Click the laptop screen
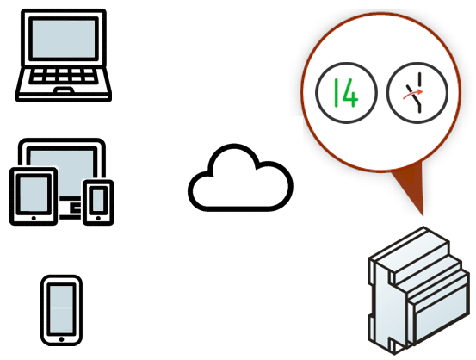point(64,39)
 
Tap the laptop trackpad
point(64,90)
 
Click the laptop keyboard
point(64,75)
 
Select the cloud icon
point(240,177)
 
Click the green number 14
point(346,93)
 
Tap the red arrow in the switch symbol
point(412,95)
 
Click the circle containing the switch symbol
point(417,93)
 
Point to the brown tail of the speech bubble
point(411,185)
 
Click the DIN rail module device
point(418,290)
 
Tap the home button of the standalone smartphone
point(61,339)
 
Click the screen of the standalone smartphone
point(61,309)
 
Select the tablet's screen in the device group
point(34,195)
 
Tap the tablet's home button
point(34,218)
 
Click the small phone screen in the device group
point(98,201)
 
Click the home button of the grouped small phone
point(98,218)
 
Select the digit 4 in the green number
point(351,93)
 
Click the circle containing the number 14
point(346,93)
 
